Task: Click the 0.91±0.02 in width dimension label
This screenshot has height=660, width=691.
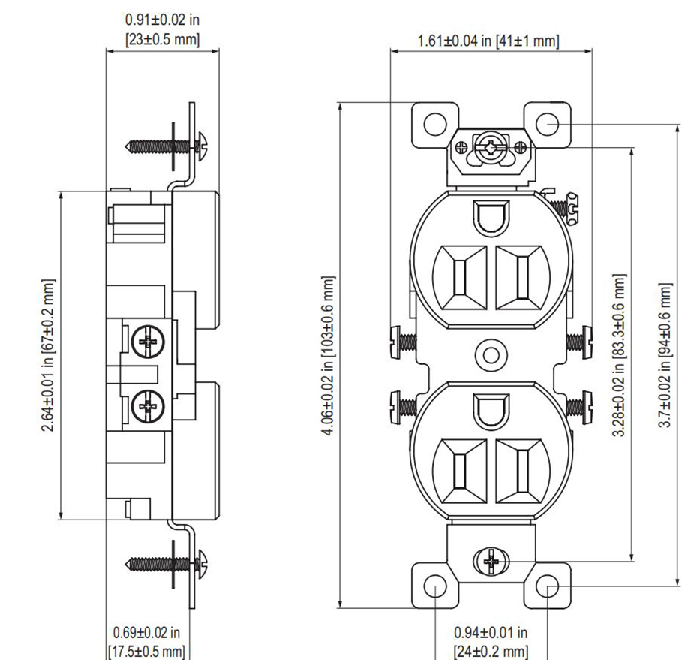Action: tap(162, 29)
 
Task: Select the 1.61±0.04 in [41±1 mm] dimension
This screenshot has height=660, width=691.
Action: tap(488, 41)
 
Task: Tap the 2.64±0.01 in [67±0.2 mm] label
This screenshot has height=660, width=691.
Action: tap(48, 355)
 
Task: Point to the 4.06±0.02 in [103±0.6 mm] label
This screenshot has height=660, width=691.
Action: tap(327, 356)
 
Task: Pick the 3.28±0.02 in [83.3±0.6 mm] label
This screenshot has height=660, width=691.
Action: tap(619, 355)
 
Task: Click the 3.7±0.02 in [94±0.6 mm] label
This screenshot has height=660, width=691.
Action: tap(665, 355)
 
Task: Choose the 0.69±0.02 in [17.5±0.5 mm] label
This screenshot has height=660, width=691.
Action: tap(146, 642)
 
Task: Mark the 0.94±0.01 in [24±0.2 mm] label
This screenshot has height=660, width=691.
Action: tap(491, 642)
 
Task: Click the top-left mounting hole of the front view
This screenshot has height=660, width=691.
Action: tap(435, 125)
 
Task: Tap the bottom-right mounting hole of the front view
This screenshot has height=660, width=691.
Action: tap(548, 586)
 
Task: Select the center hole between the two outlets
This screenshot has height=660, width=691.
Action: tap(491, 355)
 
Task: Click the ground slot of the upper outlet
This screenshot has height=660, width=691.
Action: tap(491, 216)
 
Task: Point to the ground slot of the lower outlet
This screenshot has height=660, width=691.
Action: tap(491, 410)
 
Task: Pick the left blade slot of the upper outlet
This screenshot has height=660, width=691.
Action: tap(460, 278)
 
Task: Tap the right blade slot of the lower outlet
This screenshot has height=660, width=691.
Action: tap(523, 472)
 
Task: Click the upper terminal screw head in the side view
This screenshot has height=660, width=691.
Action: tap(148, 342)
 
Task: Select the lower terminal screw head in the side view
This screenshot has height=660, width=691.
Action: tap(148, 406)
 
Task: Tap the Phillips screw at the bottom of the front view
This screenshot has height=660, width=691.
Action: tap(491, 562)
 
